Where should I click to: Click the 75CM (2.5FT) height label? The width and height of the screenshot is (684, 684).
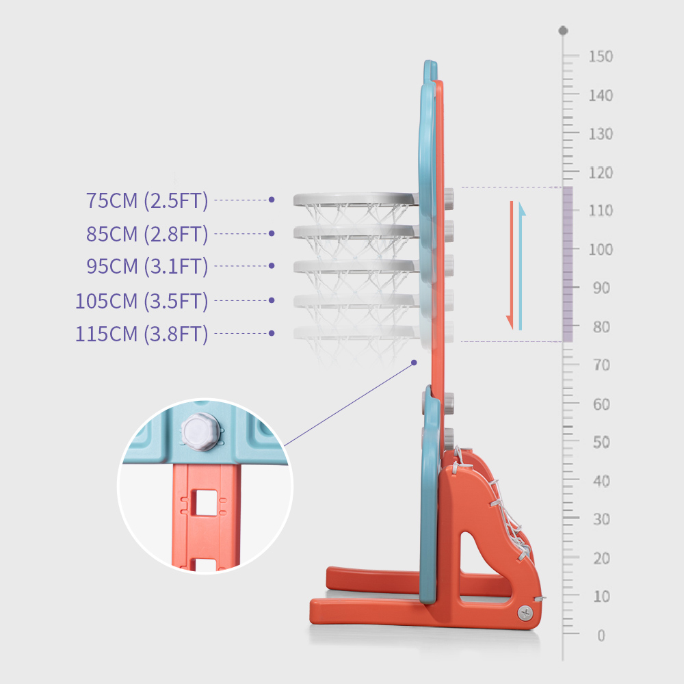(x=147, y=200)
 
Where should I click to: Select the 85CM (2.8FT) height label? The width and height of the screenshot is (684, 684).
(x=147, y=234)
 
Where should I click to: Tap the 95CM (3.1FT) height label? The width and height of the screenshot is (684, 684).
(x=147, y=266)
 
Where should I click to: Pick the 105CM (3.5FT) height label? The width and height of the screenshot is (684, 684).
(x=142, y=301)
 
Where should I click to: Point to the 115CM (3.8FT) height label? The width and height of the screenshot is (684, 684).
(x=142, y=334)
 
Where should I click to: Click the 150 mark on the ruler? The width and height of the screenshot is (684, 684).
(x=601, y=57)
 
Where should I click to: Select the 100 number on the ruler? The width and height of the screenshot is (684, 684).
(x=601, y=250)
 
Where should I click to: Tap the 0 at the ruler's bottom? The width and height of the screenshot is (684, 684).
(x=601, y=635)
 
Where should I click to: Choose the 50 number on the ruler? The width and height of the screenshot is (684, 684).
(x=601, y=443)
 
